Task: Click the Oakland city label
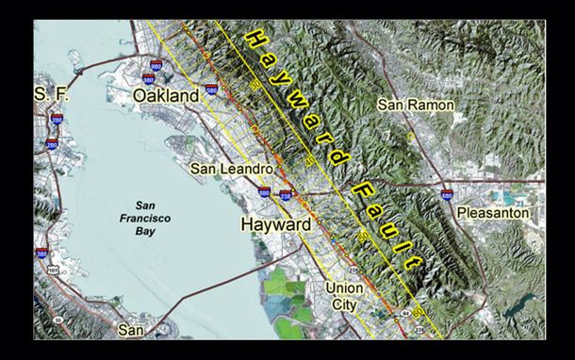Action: (x=166, y=96)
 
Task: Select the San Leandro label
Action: (x=232, y=169)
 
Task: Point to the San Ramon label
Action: (x=415, y=105)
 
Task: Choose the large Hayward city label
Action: (x=274, y=226)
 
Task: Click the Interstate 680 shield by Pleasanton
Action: (x=446, y=195)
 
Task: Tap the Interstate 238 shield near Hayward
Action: (x=287, y=194)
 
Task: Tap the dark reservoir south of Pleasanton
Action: (x=517, y=309)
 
